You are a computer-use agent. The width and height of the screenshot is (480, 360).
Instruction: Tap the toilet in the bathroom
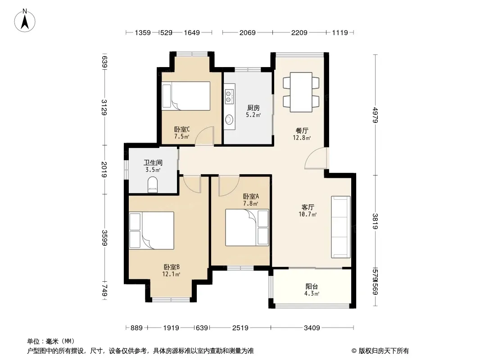coord(153,185)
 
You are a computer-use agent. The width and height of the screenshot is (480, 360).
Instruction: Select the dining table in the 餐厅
coord(301,92)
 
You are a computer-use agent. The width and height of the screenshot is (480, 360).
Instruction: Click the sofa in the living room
coord(341,227)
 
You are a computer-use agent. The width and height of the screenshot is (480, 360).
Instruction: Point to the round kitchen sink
coord(229,119)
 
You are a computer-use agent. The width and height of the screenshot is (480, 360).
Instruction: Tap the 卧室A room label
coord(251,196)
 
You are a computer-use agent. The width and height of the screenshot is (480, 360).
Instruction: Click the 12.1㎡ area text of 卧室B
coord(171,274)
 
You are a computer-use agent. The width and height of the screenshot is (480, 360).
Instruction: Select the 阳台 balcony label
coord(312,287)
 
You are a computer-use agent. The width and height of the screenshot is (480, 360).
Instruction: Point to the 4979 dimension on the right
coord(376,115)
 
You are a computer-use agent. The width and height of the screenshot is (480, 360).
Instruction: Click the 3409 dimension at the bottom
coord(312,328)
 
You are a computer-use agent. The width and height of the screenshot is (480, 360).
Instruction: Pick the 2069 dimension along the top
coord(247,32)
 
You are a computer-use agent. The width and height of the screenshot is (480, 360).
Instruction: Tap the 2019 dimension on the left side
coord(104,170)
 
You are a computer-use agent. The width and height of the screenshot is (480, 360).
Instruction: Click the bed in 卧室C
coord(186,96)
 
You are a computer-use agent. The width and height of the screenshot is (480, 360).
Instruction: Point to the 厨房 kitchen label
coord(254,108)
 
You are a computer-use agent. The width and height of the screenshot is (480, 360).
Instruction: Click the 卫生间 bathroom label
coord(153,163)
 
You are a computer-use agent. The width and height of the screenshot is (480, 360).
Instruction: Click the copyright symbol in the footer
coord(354,351)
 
